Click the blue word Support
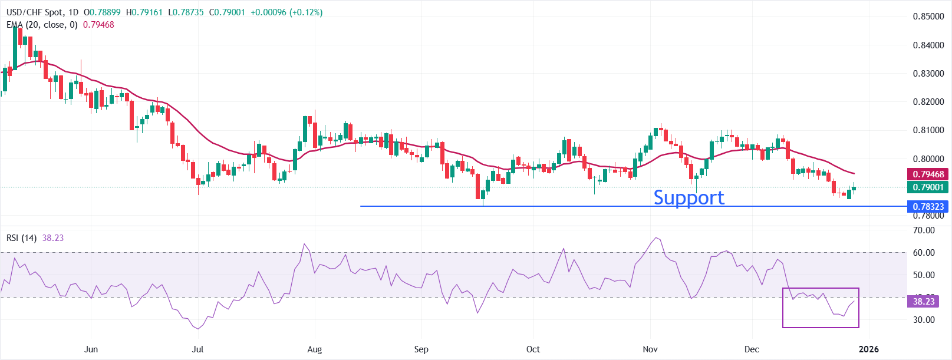(x=689, y=197)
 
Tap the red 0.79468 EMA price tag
(x=928, y=174)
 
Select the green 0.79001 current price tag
(x=928, y=187)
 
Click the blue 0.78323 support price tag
(x=928, y=206)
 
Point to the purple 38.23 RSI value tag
(x=924, y=302)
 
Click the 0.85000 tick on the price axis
(x=928, y=16)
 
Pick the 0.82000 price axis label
(x=928, y=102)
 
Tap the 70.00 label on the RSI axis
(x=924, y=230)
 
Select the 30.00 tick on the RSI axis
(x=924, y=320)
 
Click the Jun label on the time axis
(x=91, y=349)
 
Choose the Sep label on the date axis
(x=421, y=349)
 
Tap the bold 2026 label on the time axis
(x=868, y=349)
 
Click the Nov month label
(x=650, y=349)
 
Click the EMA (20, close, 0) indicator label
(x=42, y=25)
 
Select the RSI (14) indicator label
(x=21, y=238)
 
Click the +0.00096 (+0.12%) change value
(x=286, y=12)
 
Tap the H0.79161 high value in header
(x=144, y=12)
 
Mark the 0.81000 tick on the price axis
(x=928, y=130)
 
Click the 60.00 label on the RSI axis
(x=924, y=253)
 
